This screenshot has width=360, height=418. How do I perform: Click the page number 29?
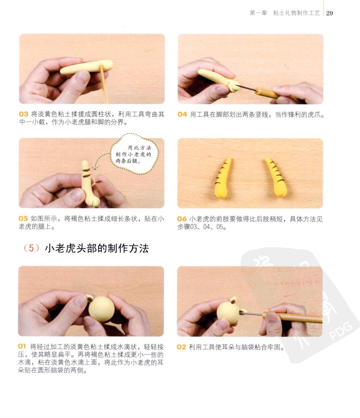click(329, 13)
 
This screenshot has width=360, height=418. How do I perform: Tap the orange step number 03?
click(23, 114)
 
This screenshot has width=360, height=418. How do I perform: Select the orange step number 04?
click(182, 114)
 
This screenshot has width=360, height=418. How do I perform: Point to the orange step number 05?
click(23, 219)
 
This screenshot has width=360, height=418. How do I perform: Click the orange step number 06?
click(182, 219)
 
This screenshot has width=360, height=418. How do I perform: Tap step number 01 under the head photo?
click(22, 346)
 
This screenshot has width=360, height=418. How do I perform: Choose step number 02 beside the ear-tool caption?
click(181, 347)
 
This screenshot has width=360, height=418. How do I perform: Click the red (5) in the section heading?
click(31, 248)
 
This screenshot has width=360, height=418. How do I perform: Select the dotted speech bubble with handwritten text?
click(134, 154)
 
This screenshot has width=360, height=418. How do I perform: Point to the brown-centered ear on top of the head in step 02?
click(233, 301)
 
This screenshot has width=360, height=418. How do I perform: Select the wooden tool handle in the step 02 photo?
click(292, 317)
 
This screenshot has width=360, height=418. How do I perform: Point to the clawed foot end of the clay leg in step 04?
click(234, 86)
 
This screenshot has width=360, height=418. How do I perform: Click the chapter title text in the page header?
click(285, 13)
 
